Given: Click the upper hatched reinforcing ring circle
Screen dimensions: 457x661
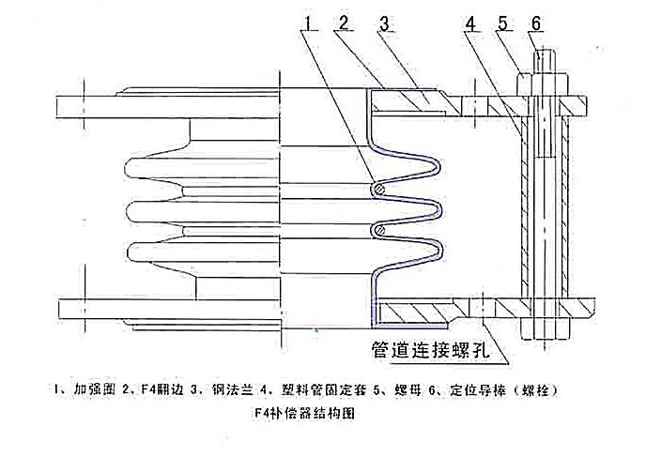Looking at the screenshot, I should click(x=377, y=190).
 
